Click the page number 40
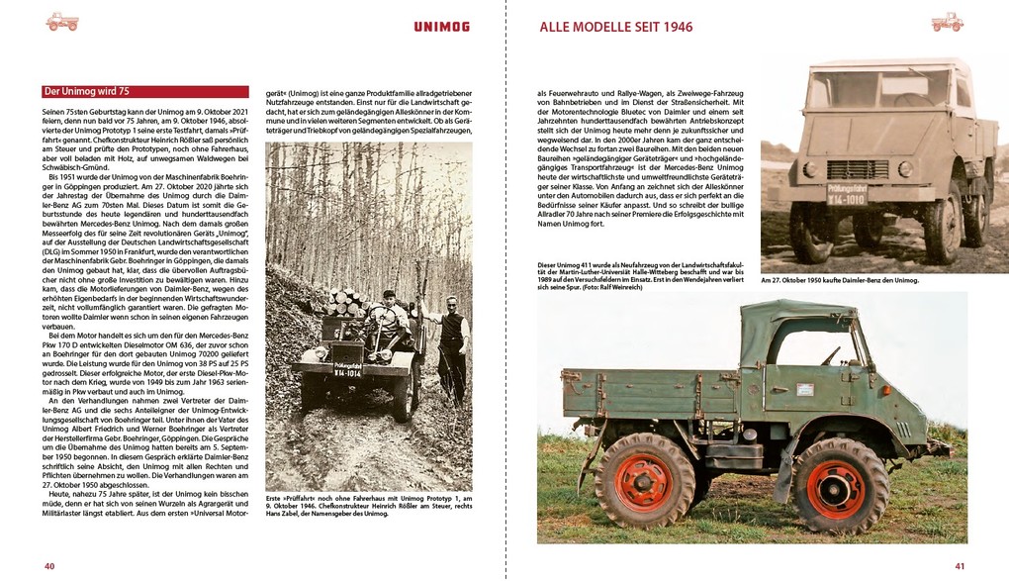click(48, 566)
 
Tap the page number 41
click(959, 566)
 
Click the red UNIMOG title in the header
click(440, 27)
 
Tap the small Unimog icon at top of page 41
click(947, 22)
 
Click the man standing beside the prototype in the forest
click(452, 346)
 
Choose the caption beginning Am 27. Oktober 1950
click(840, 280)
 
